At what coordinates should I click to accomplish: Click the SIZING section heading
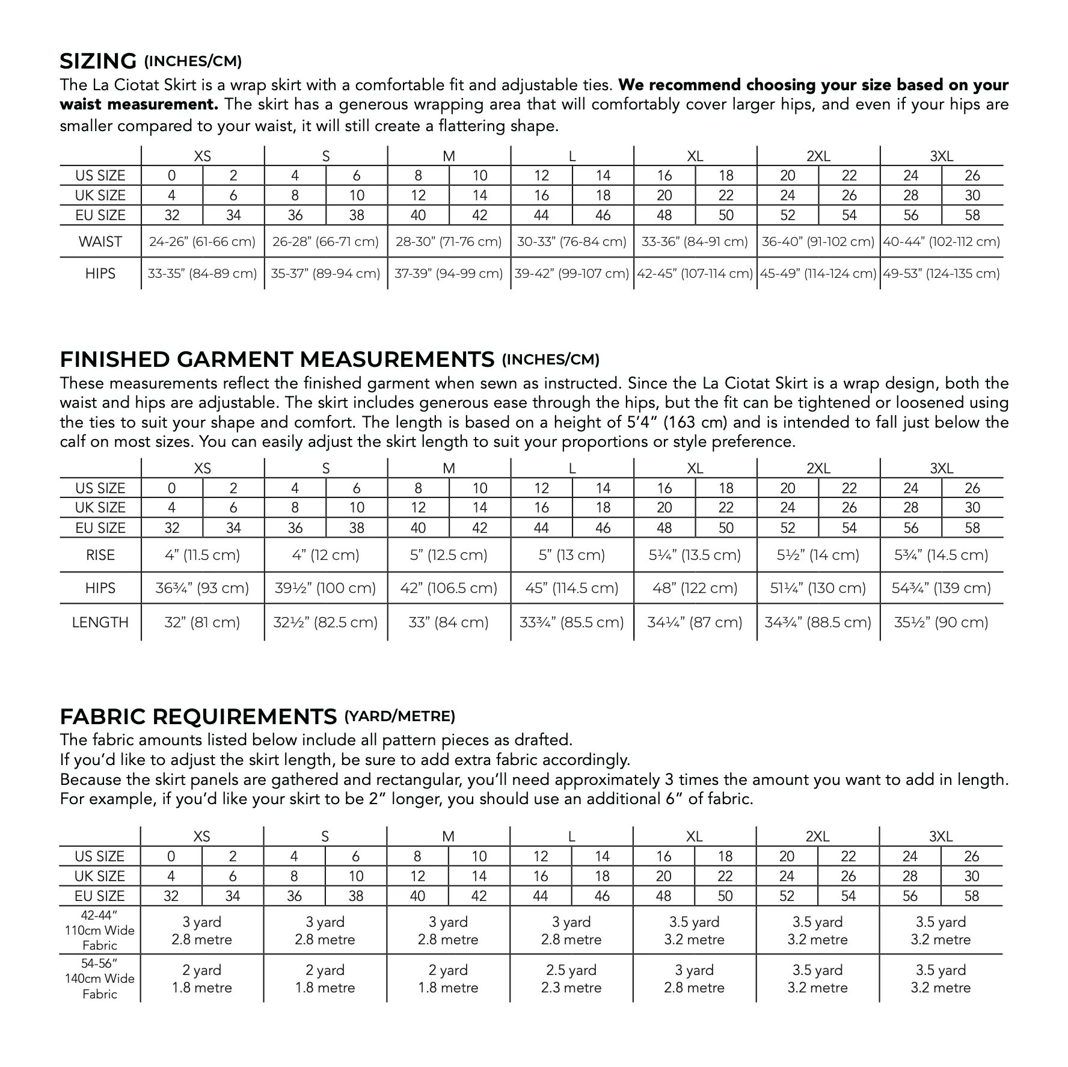[99, 61]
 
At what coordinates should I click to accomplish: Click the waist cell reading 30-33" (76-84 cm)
[572, 242]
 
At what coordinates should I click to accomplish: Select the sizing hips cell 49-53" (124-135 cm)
[941, 274]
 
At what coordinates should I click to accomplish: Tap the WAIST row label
[100, 242]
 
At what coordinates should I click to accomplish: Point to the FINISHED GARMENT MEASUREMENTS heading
[277, 360]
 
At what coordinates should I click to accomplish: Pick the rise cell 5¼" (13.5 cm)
[695, 555]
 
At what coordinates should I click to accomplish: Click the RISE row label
[100, 555]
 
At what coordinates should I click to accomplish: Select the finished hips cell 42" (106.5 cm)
[449, 588]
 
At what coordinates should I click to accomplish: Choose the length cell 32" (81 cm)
[202, 622]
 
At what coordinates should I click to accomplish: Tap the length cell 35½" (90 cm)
[941, 622]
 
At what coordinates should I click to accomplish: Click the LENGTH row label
[100, 622]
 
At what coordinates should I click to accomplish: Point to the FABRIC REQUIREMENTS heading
[198, 717]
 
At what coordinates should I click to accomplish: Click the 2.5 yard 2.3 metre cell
[571, 979]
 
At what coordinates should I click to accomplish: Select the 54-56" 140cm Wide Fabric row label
[100, 979]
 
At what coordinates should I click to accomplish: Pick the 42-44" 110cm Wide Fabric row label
[100, 930]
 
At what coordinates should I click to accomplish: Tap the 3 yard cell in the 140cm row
[695, 979]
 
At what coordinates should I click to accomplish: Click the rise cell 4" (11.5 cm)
[202, 555]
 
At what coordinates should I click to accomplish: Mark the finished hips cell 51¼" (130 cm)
[818, 588]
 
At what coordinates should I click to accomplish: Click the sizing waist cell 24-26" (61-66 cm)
[202, 242]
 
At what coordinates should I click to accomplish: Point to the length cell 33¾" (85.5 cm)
[572, 622]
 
